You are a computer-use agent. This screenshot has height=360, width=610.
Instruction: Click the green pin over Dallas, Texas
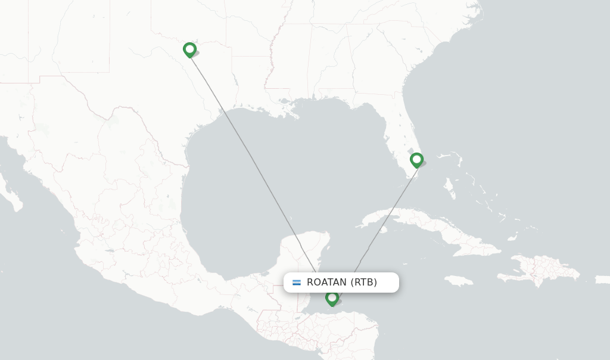189,49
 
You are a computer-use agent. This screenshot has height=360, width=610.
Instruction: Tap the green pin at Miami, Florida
416,159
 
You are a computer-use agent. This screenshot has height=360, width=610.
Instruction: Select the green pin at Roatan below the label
332,297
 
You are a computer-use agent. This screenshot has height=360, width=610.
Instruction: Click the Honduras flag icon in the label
297,283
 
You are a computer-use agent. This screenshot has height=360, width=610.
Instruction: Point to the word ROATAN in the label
327,283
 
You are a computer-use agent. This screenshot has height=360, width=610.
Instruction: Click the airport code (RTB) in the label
363,283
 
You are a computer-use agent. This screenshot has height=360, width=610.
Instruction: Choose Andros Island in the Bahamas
450,190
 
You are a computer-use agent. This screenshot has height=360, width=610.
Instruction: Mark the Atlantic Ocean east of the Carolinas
536,72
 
